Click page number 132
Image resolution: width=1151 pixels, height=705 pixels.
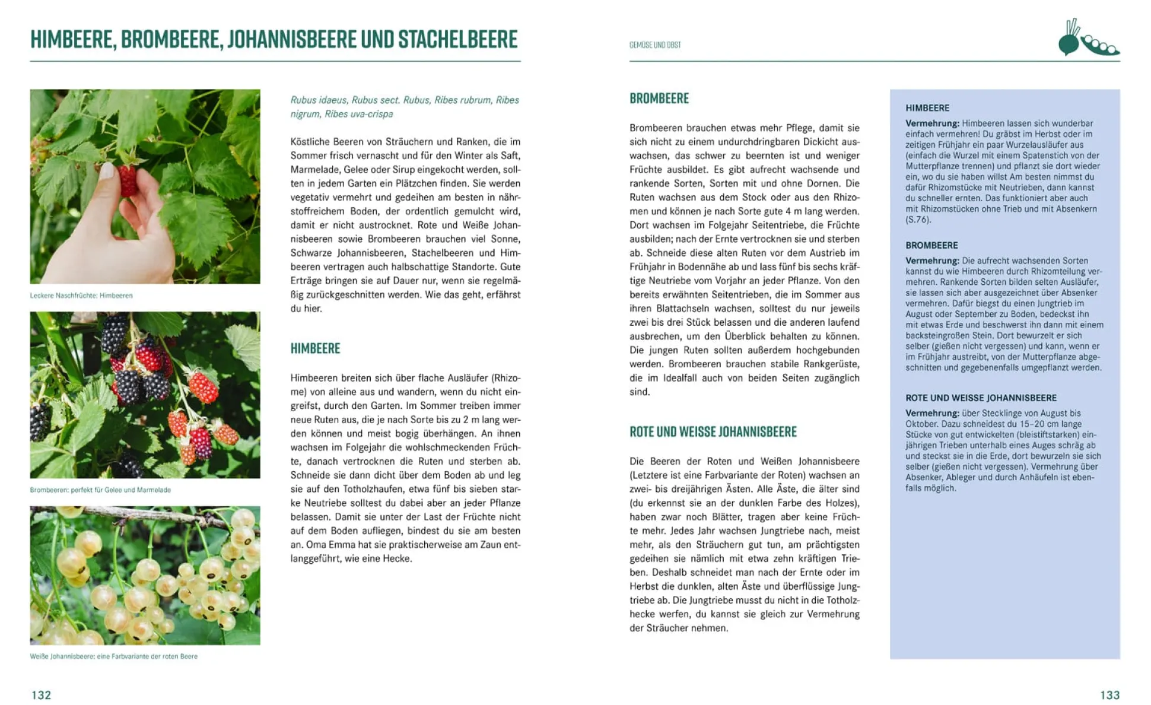(x=41, y=695)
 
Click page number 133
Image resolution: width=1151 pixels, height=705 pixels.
(x=1109, y=695)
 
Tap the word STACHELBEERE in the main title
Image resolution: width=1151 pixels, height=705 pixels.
(x=457, y=39)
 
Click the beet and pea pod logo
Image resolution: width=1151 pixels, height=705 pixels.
(x=1088, y=39)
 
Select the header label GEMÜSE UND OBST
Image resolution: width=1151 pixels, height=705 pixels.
(x=655, y=45)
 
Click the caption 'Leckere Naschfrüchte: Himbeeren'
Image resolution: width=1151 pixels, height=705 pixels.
(x=81, y=296)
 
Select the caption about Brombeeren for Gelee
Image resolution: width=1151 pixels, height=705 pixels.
(x=100, y=490)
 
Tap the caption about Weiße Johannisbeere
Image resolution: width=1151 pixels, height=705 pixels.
(x=113, y=656)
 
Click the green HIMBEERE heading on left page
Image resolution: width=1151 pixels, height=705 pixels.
(x=315, y=348)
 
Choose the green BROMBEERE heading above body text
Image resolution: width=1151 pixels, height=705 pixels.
(x=659, y=99)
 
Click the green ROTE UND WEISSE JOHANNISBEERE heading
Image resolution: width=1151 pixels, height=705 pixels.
(x=713, y=432)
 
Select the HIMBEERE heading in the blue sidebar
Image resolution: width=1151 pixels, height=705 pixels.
(x=927, y=108)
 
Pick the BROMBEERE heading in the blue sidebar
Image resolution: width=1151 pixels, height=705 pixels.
(x=931, y=245)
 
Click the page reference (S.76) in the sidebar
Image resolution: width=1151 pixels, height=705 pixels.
(x=918, y=220)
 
